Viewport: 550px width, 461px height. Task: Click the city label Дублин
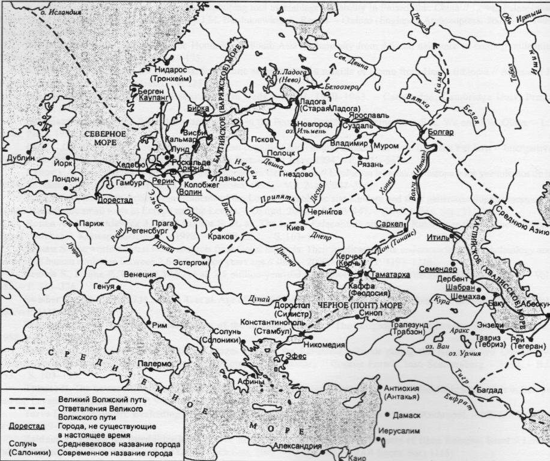pos(17,158)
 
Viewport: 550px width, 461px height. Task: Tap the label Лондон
pos(65,179)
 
